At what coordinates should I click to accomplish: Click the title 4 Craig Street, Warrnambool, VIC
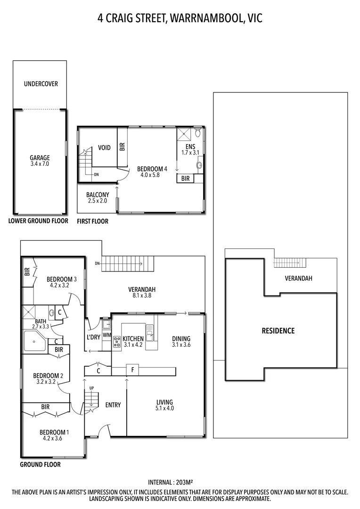coord(180,18)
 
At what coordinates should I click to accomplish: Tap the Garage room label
coord(40,161)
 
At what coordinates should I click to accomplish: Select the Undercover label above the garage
coord(41,84)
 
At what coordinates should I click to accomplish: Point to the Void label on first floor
coord(104,148)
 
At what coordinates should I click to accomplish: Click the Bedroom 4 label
coord(152,172)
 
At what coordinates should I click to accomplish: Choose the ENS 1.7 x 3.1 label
coord(190,149)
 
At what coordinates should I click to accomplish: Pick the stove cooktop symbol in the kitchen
coord(116,342)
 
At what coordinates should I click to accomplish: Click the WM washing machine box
coord(106,335)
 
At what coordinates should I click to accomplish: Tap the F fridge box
coord(133,370)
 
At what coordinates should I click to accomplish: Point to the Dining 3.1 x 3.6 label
coord(181,342)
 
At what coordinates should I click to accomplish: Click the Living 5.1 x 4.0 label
coord(165,405)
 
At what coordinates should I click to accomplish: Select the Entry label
coord(113,405)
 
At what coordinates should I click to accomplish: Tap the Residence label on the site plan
coord(278,331)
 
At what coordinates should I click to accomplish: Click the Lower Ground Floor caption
coord(38,221)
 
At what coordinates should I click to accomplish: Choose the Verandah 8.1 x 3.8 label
coord(142,293)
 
